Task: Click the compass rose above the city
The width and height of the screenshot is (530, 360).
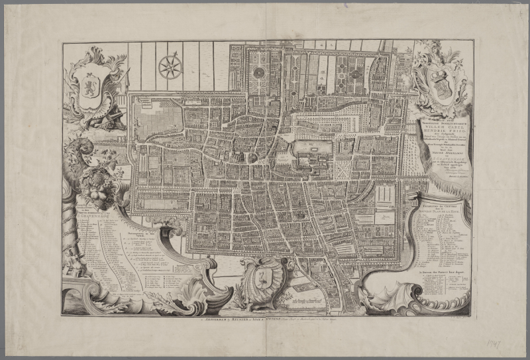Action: pos(169,66)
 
